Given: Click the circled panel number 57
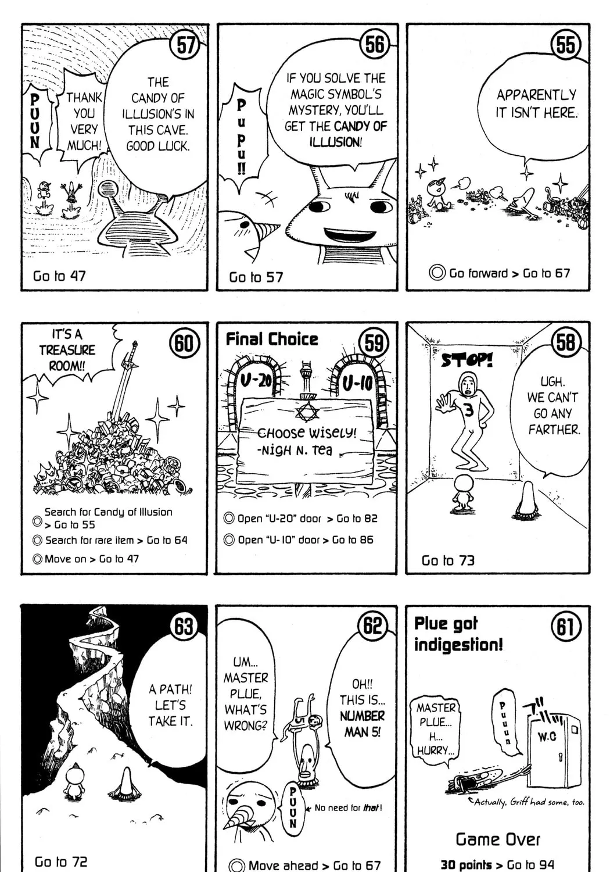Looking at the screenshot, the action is [x=185, y=45].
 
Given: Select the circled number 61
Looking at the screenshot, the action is [x=566, y=626].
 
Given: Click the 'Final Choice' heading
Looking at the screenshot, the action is [x=271, y=339].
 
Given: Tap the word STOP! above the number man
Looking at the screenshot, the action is [x=467, y=360].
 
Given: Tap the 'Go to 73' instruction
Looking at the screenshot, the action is [x=448, y=560].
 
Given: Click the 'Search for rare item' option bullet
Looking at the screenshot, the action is [x=37, y=540].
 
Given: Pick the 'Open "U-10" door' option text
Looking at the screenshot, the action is [x=279, y=540].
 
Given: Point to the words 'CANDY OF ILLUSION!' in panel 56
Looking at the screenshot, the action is [x=348, y=134].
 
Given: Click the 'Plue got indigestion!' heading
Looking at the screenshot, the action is [x=458, y=634].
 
